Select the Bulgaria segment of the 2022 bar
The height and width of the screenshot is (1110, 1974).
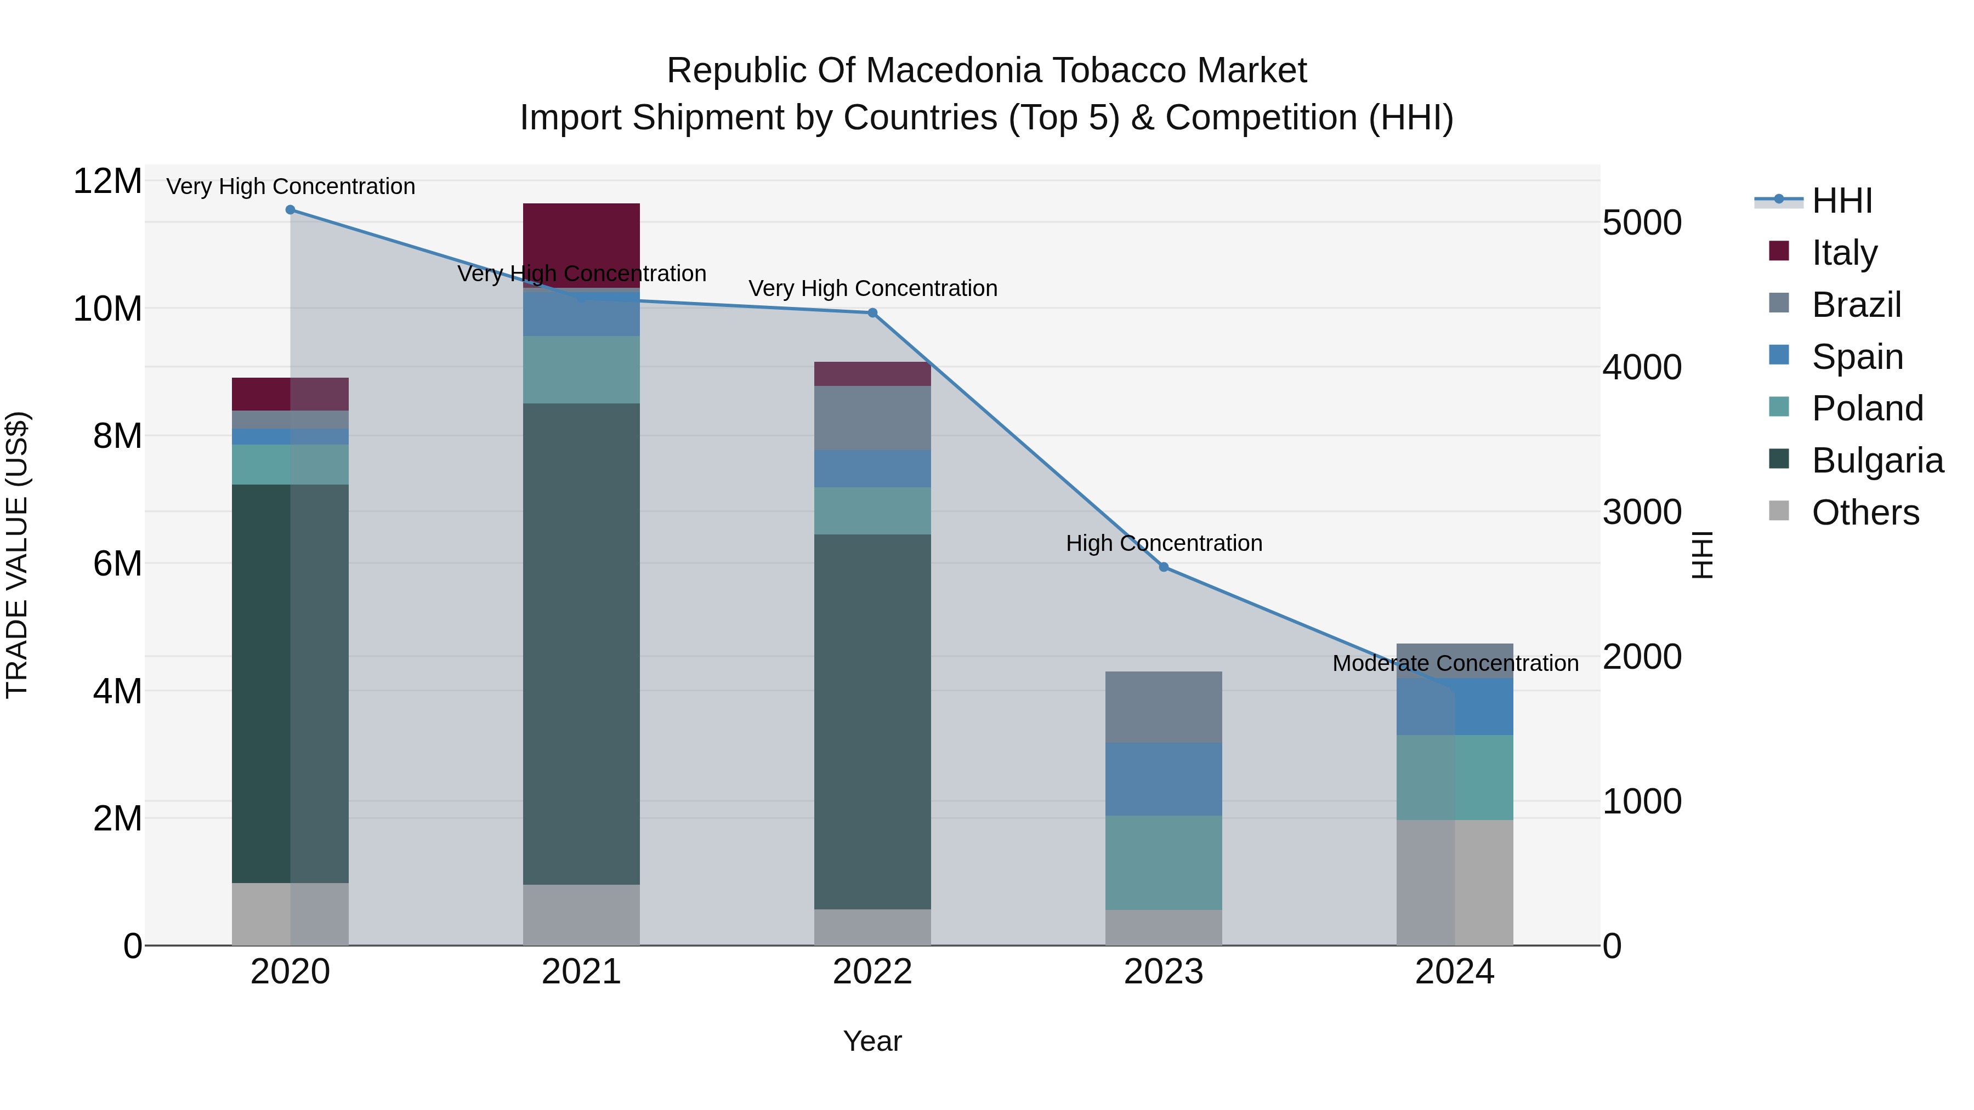coord(872,721)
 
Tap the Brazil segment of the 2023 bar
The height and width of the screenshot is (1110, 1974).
coord(1163,707)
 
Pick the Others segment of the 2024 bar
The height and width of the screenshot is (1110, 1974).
coord(1454,882)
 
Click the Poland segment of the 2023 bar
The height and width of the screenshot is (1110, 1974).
coord(1163,862)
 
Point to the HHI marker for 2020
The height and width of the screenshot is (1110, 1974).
coord(291,210)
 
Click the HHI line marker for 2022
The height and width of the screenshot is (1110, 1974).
coord(872,312)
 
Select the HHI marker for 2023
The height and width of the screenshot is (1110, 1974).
coord(1163,567)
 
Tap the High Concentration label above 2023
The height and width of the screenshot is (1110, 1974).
coord(1163,543)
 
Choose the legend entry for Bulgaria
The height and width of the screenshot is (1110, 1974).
coord(1877,460)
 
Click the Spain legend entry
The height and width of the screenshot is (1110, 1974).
coord(1857,356)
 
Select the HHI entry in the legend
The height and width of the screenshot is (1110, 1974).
coord(1841,201)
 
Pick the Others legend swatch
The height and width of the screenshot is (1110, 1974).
coord(1779,511)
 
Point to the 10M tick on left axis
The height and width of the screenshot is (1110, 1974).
coord(107,309)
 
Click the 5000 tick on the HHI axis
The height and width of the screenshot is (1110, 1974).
coord(1641,223)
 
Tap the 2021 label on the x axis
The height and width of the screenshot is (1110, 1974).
coord(581,972)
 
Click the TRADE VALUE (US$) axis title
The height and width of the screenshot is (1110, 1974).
coord(17,555)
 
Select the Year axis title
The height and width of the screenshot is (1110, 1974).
coord(872,1041)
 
